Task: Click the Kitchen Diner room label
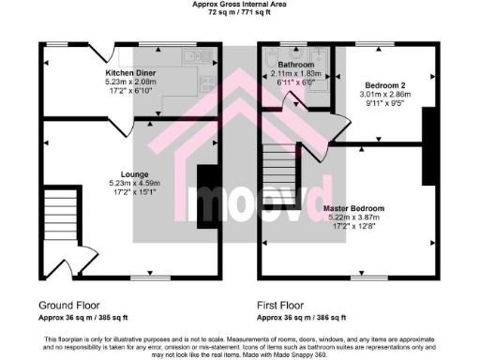[129, 73]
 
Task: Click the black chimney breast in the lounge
[205, 196]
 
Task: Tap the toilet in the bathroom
[320, 59]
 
